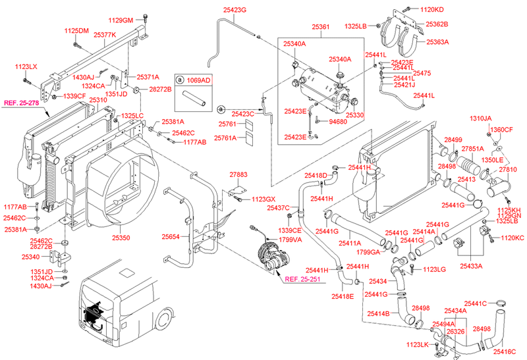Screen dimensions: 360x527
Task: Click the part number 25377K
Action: pos(105,35)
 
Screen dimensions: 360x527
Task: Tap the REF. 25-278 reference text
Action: pos(23,103)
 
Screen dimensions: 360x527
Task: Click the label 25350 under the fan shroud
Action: pos(121,238)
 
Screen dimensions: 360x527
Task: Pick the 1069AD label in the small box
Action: pos(197,80)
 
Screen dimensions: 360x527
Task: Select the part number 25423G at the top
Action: pos(235,11)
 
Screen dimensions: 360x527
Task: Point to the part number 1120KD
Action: pos(432,10)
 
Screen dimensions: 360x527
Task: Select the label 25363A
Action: pos(437,41)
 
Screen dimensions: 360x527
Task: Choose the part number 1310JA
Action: pos(480,118)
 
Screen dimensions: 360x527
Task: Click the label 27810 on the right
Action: pos(507,169)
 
